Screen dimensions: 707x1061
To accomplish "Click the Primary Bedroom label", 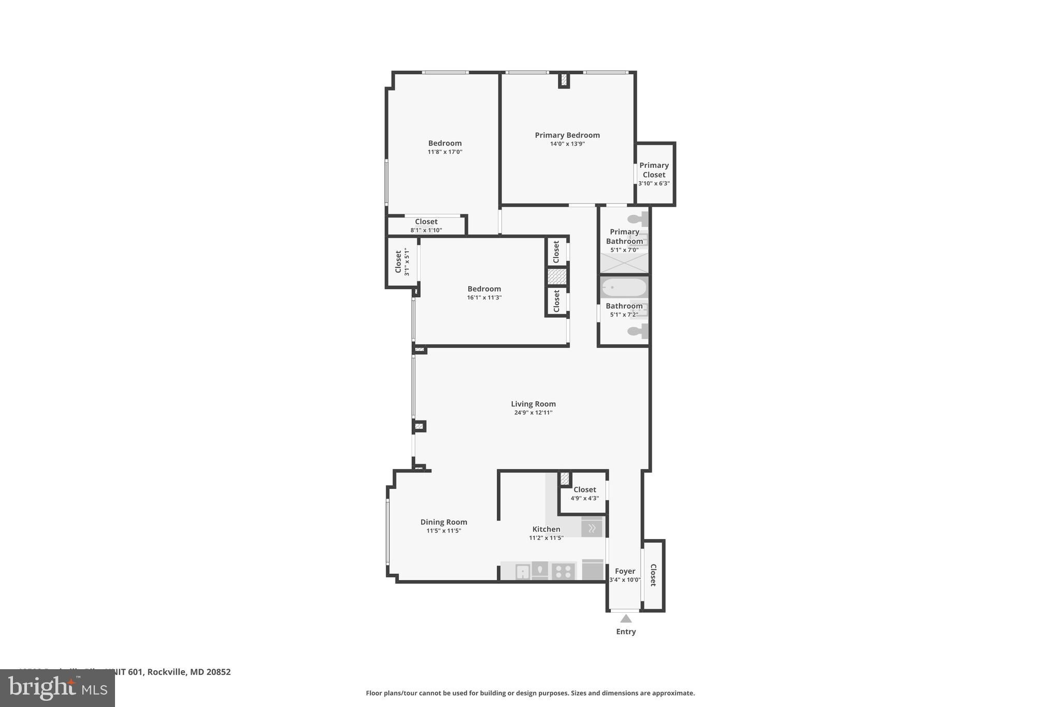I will click(x=567, y=135).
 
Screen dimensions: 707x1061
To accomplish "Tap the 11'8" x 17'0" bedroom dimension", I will click(x=445, y=152).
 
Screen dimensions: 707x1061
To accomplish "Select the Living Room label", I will click(x=533, y=404).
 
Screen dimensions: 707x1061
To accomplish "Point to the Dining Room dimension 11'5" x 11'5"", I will click(x=443, y=531).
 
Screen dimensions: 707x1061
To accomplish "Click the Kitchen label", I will click(x=546, y=529).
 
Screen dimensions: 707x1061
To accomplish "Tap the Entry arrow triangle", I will click(x=626, y=618).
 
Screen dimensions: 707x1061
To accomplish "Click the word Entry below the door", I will click(x=626, y=631).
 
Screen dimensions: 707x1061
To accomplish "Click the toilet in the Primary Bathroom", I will click(x=637, y=219).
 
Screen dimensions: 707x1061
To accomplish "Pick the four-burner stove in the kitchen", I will click(x=563, y=571).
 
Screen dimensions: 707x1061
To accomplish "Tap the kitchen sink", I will click(x=523, y=571).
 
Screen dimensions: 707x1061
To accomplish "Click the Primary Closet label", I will click(x=654, y=170).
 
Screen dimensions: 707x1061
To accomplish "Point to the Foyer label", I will click(x=625, y=571).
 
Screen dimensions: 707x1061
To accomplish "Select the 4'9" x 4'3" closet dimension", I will click(x=584, y=498).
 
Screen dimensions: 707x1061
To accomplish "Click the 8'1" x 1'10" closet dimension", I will click(x=426, y=230).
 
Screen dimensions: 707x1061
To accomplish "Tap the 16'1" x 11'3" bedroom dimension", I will click(x=484, y=298).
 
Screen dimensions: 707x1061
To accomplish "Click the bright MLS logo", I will click(x=58, y=688).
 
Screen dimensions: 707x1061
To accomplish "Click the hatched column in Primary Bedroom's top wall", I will click(x=564, y=80).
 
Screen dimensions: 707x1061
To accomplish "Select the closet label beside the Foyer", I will click(x=653, y=575).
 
